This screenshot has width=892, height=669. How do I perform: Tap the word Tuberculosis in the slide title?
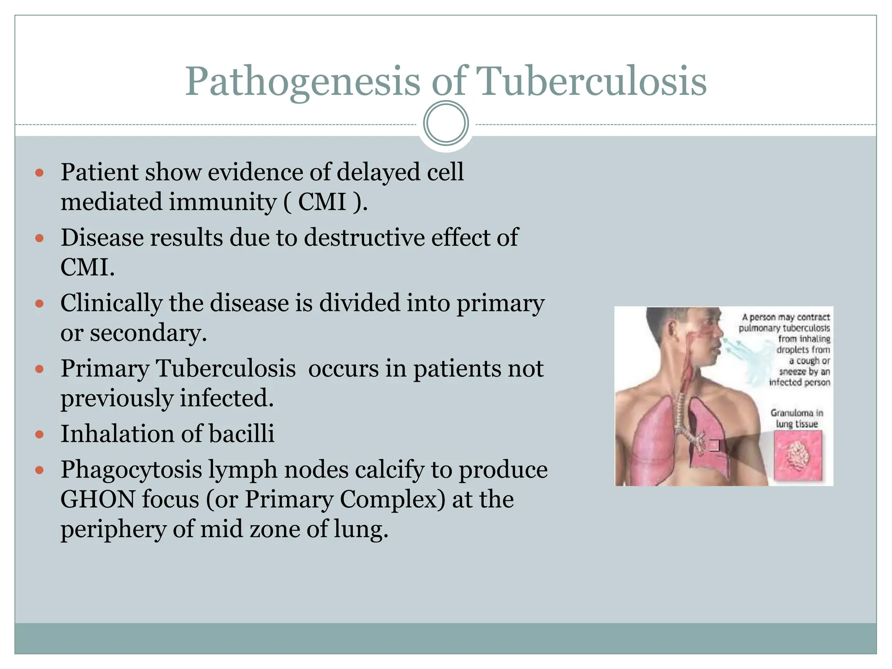(x=591, y=82)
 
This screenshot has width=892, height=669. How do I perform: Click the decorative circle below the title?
(x=446, y=123)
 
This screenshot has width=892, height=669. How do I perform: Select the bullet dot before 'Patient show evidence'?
(x=40, y=173)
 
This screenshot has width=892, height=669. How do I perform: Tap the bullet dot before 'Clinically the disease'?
(x=40, y=304)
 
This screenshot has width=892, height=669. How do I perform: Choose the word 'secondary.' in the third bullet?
(x=148, y=333)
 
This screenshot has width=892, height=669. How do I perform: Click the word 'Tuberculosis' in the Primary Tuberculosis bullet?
(x=226, y=368)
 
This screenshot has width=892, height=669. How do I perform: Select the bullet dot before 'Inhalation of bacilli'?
(x=40, y=435)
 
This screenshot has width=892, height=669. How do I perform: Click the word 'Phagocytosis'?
(x=131, y=470)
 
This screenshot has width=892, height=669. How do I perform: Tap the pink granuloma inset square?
(x=798, y=456)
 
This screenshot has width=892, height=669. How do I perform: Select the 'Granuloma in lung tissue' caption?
(x=797, y=418)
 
